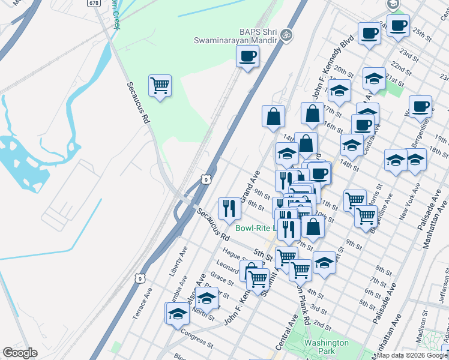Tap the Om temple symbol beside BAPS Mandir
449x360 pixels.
286,34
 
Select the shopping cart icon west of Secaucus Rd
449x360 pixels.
160,85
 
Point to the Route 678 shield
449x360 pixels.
94,3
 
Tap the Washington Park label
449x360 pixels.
326,347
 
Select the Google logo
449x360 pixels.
20,353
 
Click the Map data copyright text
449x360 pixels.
412,355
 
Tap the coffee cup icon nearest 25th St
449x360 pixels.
397,25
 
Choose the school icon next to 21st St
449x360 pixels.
374,78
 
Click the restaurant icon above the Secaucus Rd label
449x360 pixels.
229,208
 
